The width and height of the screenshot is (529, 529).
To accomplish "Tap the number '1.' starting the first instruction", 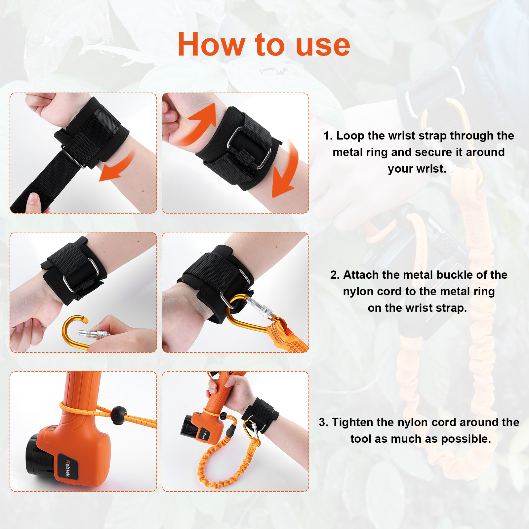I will coord(328,136).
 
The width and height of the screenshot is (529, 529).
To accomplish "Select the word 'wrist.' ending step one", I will coord(417,169).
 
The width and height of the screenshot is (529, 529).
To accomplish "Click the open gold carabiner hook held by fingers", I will coord(71,332).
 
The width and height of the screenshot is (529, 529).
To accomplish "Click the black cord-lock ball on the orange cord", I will coord(118,415).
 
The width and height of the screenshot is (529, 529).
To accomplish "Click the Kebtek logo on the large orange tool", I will coord(68,468).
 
